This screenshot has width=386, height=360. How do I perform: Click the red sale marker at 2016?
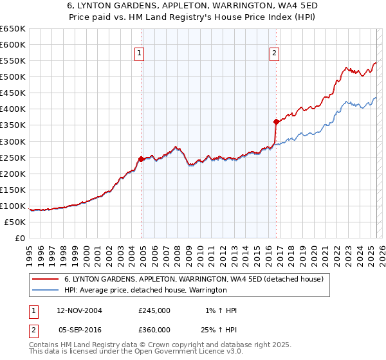coord(276,121)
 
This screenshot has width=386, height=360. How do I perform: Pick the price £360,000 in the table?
coord(154,329)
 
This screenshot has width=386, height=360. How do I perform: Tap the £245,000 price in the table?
coord(154,310)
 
